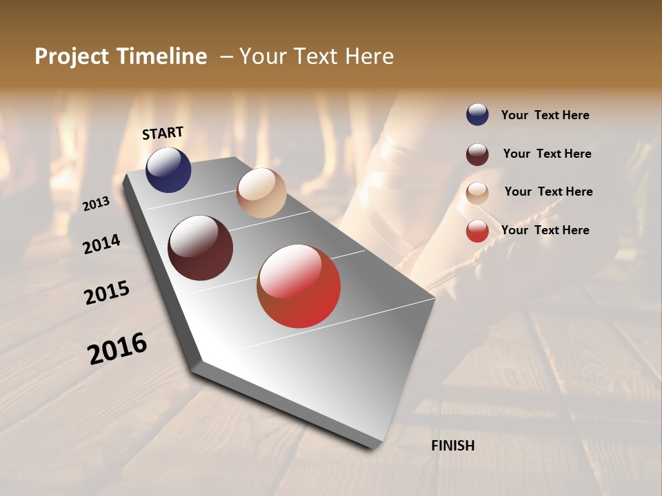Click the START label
click(163, 133)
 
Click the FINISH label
click(453, 446)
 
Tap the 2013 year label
click(96, 204)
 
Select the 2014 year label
click(101, 244)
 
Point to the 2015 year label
click(107, 293)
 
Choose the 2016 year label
click(117, 349)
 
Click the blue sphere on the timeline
click(168, 169)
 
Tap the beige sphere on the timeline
click(261, 193)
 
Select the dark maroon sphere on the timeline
click(200, 248)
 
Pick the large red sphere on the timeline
click(299, 286)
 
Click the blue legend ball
click(477, 114)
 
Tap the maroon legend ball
click(477, 154)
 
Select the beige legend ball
click(477, 193)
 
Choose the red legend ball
click(477, 231)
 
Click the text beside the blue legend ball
click(545, 115)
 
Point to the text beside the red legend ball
click(545, 230)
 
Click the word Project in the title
click(72, 56)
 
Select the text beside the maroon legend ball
click(547, 154)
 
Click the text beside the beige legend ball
click(548, 192)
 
